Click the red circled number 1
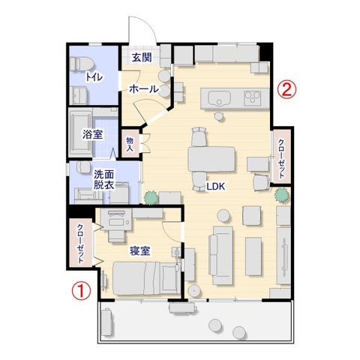click(81, 290)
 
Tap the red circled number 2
click(286, 90)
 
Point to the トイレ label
click(94, 77)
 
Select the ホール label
click(144, 88)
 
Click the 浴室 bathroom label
click(93, 135)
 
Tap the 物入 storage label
click(130, 144)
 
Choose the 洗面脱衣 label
click(104, 179)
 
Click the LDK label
click(215, 186)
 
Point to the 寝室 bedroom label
click(140, 250)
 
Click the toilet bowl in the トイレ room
click(81, 64)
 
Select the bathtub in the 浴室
click(80, 133)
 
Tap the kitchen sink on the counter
click(219, 98)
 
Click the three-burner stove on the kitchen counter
click(253, 97)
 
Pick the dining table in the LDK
click(211, 159)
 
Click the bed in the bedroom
click(146, 278)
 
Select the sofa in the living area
click(220, 255)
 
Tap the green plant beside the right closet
click(282, 195)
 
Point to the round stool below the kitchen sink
click(220, 116)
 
